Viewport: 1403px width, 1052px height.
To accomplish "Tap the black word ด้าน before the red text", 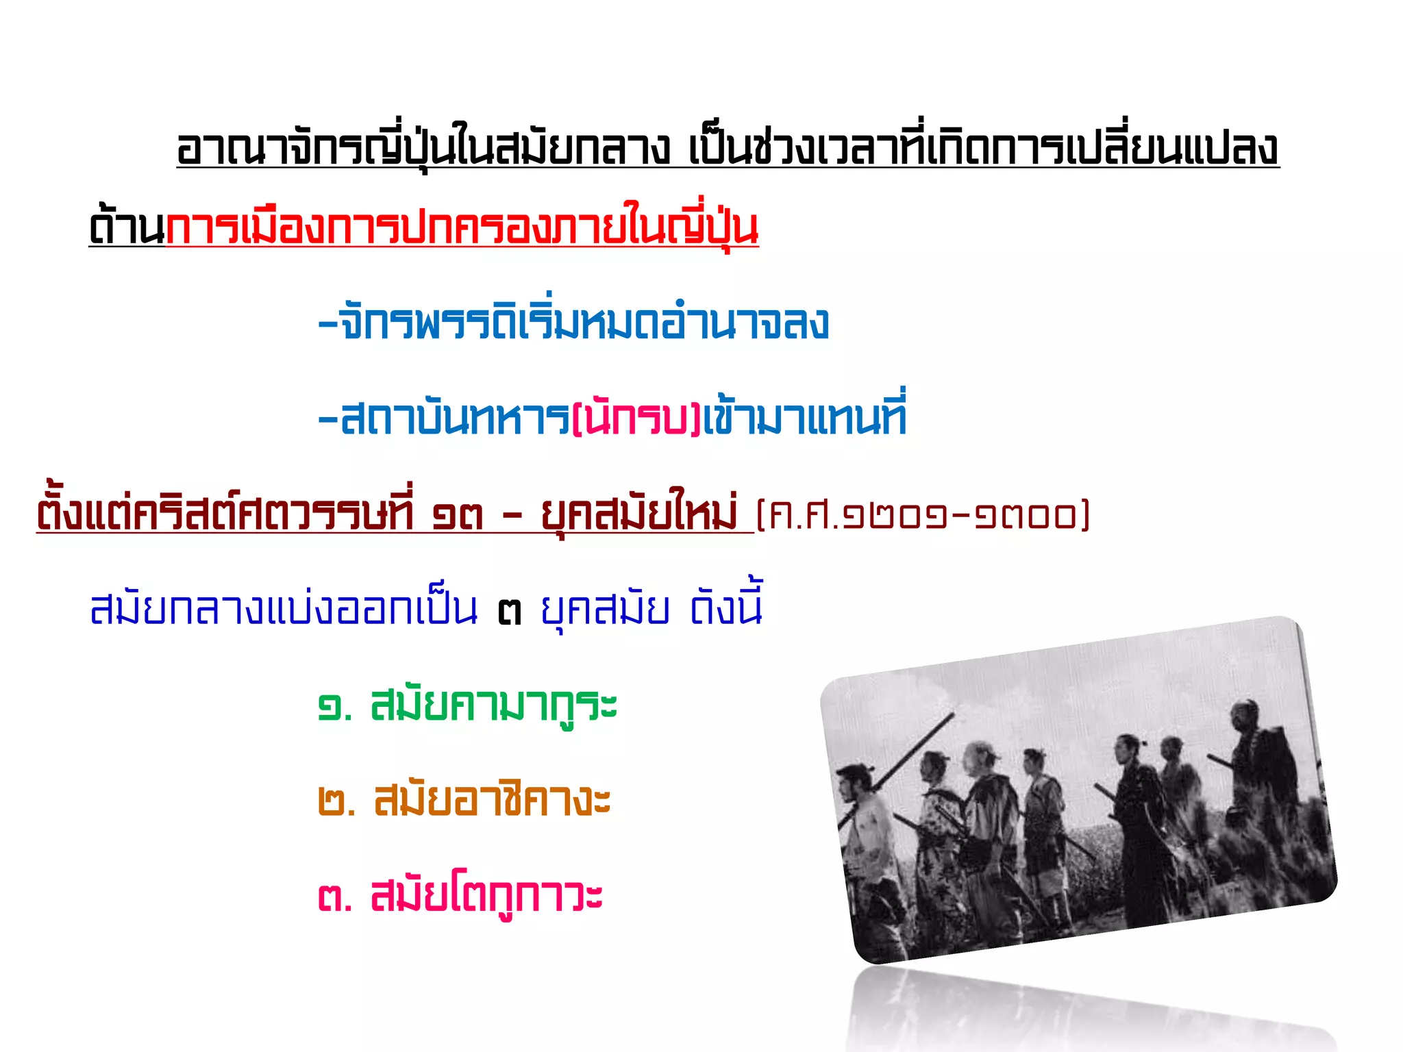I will pos(127,228).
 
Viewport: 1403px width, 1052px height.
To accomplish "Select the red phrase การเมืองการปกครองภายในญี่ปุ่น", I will pos(462,228).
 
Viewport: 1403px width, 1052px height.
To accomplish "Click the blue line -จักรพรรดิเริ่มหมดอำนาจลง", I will pos(574,323).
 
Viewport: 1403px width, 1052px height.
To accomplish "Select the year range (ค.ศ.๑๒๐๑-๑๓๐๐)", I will pos(922,516).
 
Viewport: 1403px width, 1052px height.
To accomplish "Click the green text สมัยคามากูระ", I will pos(493,706).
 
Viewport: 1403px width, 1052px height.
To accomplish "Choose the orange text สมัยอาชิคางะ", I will pos(492,801).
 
